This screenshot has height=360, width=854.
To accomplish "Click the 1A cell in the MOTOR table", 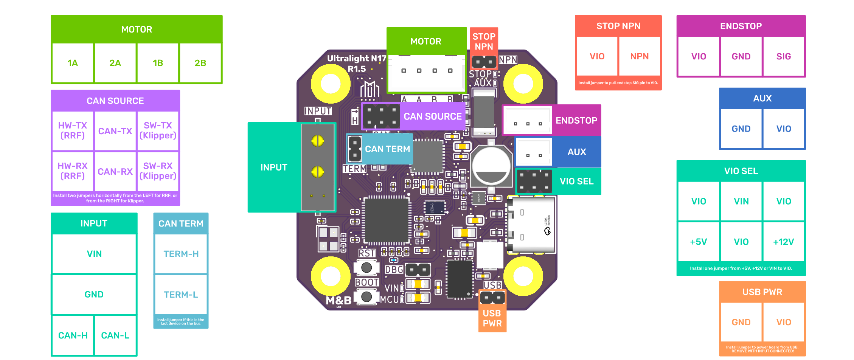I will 73,63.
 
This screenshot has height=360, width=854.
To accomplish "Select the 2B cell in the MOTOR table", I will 200,63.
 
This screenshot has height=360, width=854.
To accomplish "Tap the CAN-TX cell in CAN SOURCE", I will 115,131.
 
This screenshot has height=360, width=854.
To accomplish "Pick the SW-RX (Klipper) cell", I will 158,171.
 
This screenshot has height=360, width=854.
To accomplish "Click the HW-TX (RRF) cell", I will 73,130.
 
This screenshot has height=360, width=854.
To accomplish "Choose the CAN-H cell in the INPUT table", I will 73,335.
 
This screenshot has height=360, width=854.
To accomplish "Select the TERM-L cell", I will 181,294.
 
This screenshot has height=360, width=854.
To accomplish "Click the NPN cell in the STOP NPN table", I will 639,56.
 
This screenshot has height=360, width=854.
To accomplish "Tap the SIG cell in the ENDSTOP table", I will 783,57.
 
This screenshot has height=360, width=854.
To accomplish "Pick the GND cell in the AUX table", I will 741,129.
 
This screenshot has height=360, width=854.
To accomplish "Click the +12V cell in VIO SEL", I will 783,242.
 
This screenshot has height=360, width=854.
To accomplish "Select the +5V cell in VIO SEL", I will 698,242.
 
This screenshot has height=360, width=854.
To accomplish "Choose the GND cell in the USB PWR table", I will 741,322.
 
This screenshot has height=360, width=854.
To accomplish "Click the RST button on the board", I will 366,268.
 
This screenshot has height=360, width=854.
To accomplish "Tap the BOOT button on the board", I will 366,297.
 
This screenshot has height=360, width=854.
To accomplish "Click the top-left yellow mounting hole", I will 331,84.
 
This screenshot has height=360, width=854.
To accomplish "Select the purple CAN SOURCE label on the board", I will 433,116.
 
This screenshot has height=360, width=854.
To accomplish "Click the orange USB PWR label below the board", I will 492,318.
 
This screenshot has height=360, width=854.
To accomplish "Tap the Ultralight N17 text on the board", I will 356,59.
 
